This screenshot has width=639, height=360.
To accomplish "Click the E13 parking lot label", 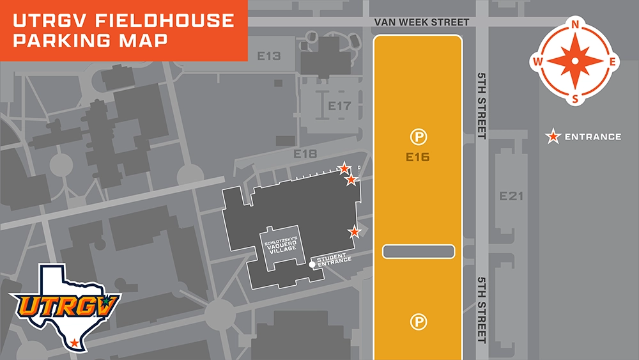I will pos(269,56).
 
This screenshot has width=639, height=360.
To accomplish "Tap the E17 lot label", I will pos(339,106).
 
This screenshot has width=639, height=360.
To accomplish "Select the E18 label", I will pos(305,154).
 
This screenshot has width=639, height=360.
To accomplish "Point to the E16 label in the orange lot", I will pos(419,157).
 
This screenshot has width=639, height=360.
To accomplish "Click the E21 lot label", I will pos(511,196).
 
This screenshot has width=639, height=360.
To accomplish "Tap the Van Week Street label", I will pos(422,22).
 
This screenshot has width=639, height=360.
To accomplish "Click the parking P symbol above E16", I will pos(419,136).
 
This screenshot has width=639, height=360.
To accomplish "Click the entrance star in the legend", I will pos(553,136).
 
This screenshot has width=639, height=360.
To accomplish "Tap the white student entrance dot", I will pos(312,264).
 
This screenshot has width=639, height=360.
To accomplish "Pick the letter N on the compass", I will pos(575,25).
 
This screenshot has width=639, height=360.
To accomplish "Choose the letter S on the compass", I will pos(575,98).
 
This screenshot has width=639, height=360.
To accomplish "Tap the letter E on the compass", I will pos(612,61).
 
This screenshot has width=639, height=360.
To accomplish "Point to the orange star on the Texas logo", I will pos(75,343).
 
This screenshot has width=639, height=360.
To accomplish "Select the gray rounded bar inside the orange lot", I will pos(419,251).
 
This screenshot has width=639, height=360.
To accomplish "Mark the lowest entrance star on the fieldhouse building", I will pos(354,231).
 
